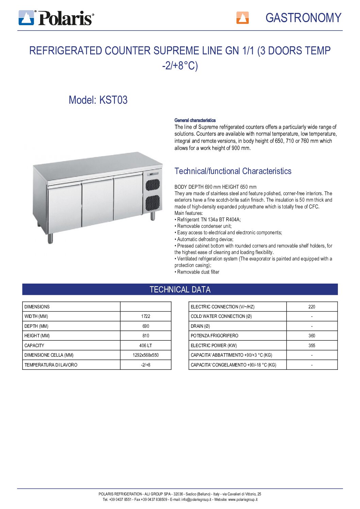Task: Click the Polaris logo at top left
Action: tap(56, 18)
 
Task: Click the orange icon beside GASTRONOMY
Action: tap(242, 18)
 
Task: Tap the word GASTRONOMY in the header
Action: tap(303, 18)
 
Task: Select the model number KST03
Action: tap(113, 100)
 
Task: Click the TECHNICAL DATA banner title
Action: tap(180, 290)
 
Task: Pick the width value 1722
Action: tap(146, 316)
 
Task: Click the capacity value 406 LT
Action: tap(146, 345)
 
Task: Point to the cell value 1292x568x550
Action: tap(146, 355)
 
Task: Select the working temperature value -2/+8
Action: tap(146, 365)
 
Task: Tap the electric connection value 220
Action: tap(312, 307)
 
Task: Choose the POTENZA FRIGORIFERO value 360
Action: tap(312, 336)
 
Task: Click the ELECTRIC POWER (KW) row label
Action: tap(214, 345)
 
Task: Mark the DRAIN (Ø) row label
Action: tap(200, 326)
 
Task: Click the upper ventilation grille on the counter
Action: tap(153, 184)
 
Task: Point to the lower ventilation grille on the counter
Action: tap(153, 203)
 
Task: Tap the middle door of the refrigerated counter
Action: tap(98, 202)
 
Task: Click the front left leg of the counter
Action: tap(50, 238)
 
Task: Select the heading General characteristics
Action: tap(195, 120)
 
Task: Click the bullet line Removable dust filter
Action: tap(198, 272)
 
